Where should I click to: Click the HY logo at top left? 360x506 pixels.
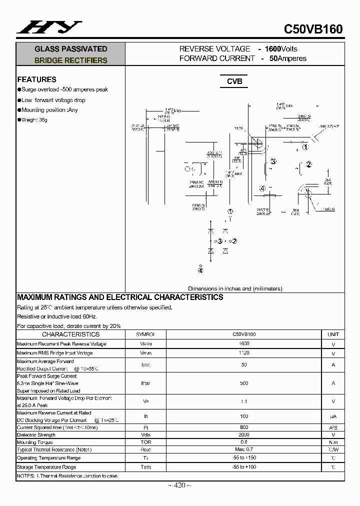point(49,27)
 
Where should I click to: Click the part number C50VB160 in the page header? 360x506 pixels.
point(313,29)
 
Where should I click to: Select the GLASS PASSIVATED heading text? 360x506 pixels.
point(70,49)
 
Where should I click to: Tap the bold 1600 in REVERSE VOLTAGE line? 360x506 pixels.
point(273,49)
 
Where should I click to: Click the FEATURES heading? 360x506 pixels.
point(36,79)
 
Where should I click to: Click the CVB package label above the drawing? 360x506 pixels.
point(234,81)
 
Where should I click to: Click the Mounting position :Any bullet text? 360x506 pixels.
point(49,110)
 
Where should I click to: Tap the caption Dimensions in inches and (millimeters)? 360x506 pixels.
point(235,288)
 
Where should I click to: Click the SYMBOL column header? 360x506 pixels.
point(145,334)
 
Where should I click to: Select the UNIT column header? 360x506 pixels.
point(333,334)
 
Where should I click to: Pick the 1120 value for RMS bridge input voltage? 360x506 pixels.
point(244,353)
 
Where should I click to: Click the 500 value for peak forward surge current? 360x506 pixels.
point(244,383)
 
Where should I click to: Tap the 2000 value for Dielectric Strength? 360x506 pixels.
point(244,435)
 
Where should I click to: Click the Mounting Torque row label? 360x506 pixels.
point(34,442)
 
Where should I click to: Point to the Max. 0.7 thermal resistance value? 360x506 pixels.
point(244,450)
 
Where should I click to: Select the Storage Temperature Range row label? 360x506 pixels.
point(46,467)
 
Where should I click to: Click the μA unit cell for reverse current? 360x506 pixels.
point(333,416)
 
